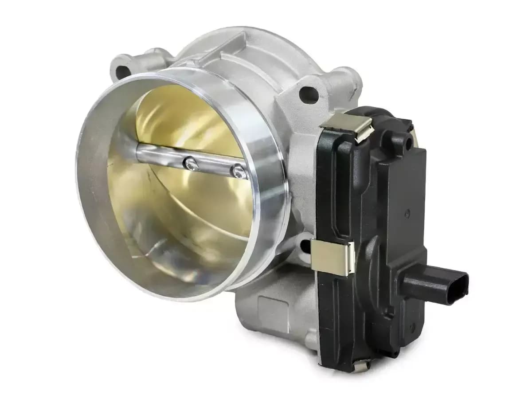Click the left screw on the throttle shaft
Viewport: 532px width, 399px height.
tap(190, 164)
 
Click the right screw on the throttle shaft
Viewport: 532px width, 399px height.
tap(239, 170)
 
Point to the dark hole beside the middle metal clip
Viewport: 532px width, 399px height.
tap(305, 246)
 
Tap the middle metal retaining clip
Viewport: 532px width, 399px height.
tap(332, 257)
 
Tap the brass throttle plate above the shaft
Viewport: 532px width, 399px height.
tap(186, 120)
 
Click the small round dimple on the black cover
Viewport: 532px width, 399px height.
tap(407, 213)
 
